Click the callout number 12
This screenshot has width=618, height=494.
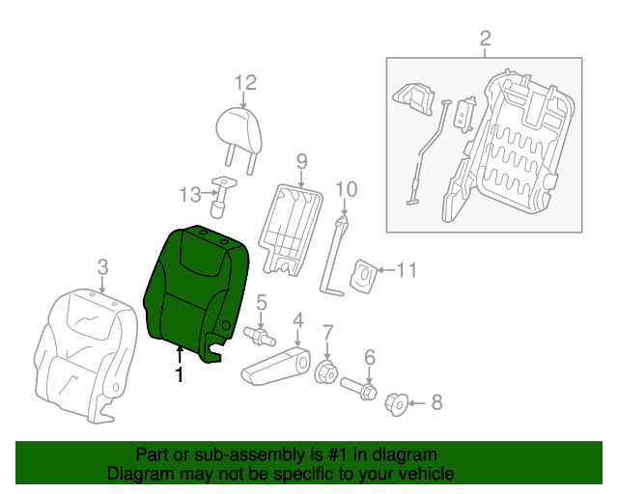244,83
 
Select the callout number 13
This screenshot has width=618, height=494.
190,195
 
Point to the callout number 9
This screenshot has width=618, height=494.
301,159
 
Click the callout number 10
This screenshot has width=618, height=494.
345,188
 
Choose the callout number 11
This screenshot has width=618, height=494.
407,271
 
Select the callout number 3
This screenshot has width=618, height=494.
103,265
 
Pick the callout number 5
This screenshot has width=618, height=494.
261,302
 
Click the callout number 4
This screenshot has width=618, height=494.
298,319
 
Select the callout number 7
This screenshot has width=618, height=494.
327,333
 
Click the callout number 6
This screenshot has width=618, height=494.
369,358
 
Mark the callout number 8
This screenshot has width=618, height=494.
435,402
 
